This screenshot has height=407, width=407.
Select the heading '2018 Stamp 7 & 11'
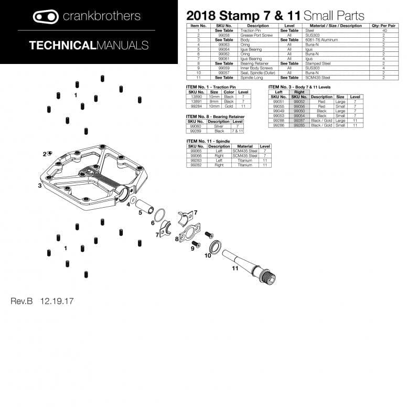click(243, 16)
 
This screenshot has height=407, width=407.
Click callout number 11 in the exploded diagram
click(235, 268)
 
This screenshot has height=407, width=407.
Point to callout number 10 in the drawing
click(208, 255)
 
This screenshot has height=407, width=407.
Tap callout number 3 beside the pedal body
click(39, 186)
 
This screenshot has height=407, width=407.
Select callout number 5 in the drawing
click(140, 212)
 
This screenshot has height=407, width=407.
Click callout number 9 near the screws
click(192, 249)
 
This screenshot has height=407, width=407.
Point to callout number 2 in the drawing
click(45, 154)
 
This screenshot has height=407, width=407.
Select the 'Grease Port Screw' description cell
click(258, 35)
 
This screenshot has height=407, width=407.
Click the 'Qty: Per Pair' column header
click(383, 26)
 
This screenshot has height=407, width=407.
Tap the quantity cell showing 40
click(383, 30)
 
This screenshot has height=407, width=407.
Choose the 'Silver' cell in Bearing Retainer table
click(219, 126)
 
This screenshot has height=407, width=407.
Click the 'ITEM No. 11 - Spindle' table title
click(212, 141)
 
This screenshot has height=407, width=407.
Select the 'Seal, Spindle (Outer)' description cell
click(258, 73)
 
